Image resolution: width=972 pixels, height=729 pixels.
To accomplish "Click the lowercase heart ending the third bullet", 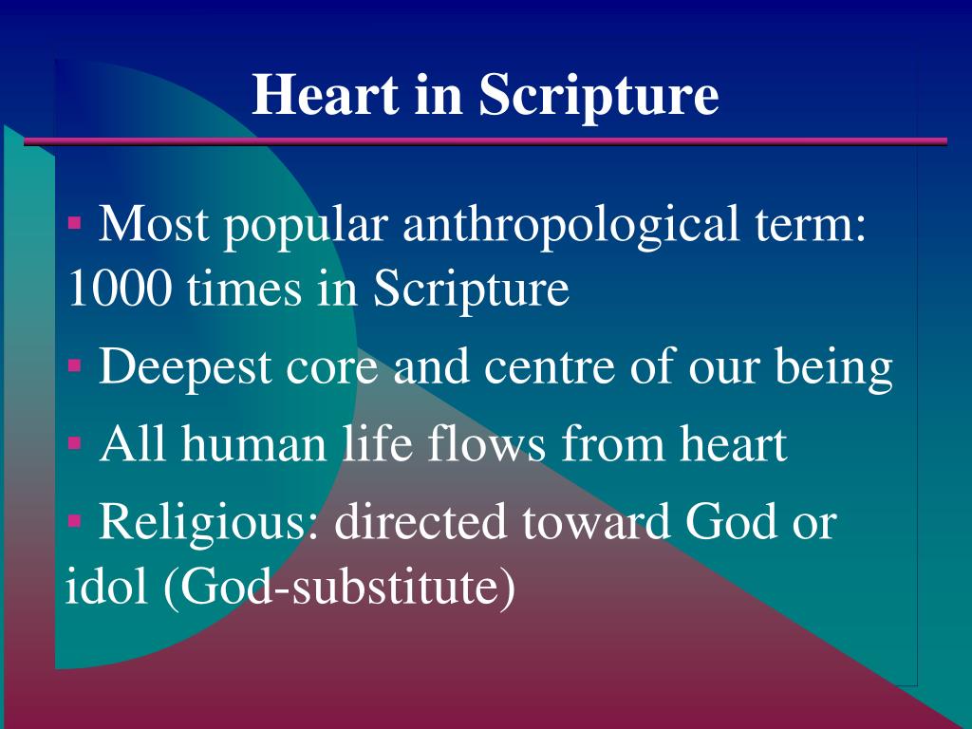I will tap(730, 444).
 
